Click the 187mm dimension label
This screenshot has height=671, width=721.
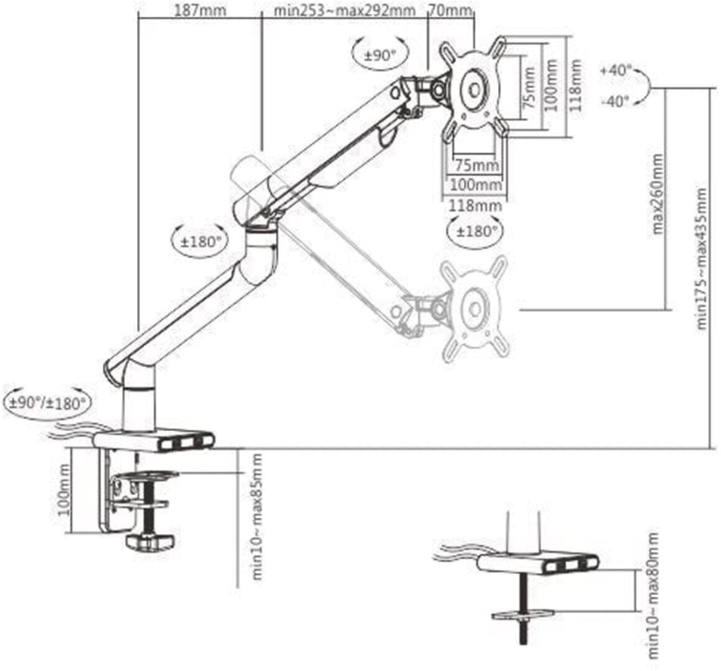201,10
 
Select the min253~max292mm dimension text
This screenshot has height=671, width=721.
344,10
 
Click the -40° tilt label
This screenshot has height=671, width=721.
616,101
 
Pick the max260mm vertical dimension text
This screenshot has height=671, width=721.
658,194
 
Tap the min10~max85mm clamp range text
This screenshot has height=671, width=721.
257,517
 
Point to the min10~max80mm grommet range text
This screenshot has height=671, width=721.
653,596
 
